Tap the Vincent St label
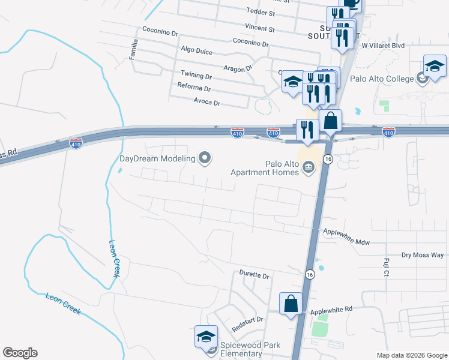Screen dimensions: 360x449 (259, 28)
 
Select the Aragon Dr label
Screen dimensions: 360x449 (238, 69)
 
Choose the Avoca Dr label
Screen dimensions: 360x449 (207, 103)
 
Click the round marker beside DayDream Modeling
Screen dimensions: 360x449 (205, 158)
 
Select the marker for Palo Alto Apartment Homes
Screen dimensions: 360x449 (309, 167)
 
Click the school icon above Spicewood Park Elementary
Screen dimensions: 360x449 (206, 337)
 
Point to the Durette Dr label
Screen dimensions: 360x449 (255, 275)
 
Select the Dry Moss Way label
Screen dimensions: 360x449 (423, 255)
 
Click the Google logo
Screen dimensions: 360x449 (20, 353)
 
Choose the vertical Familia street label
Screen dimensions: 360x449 (134, 49)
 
